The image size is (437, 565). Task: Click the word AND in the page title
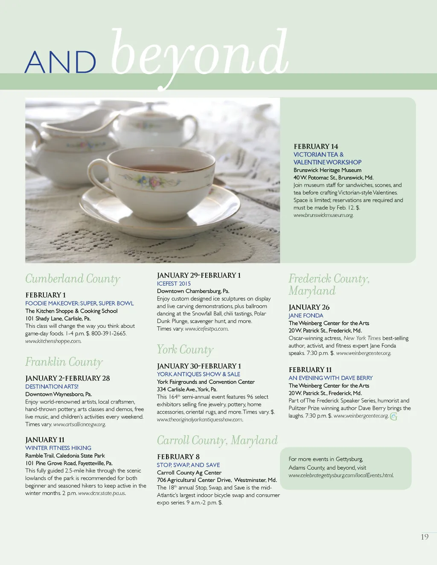60,63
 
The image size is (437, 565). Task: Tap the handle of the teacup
97,179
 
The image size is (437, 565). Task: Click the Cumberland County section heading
73,279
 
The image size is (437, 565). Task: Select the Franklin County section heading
64,362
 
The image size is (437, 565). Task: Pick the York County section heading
185,350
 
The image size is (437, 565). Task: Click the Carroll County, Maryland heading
217,440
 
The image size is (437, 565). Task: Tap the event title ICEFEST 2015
174,284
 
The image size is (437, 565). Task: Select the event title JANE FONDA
306,316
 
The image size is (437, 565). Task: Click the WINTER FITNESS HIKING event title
58,448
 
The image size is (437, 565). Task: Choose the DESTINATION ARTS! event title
52,386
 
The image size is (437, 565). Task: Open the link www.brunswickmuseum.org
323,215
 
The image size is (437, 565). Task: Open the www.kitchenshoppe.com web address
53,341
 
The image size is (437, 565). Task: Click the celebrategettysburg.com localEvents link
341,476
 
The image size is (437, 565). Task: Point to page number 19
425,537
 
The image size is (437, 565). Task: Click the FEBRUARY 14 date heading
316,147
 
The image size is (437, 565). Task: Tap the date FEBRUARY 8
178,457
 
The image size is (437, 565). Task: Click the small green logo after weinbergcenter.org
393,416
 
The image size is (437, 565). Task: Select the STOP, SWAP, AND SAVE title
188,465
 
